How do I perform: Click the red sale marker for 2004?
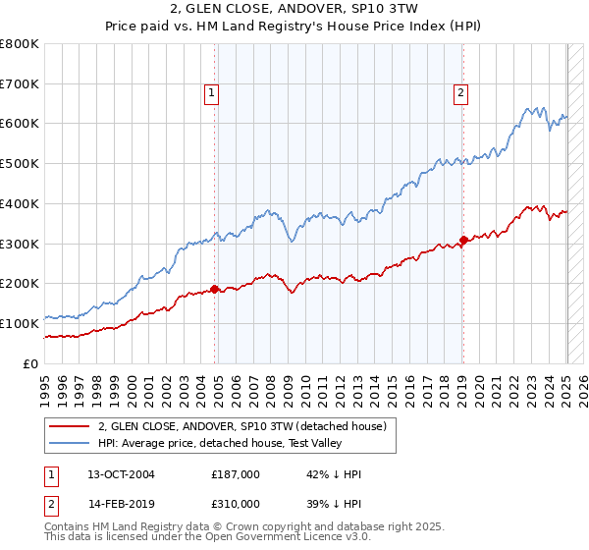point(215,289)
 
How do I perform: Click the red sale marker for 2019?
point(463,240)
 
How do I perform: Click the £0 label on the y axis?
point(29,363)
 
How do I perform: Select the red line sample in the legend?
point(69,426)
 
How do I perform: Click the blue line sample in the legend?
point(69,443)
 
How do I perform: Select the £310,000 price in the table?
point(236,504)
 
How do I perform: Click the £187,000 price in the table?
point(236,474)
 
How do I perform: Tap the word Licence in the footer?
point(288,537)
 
